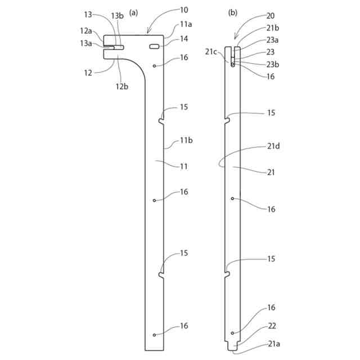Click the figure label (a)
click(x=133, y=12)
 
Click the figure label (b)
click(x=233, y=12)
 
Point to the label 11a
click(x=185, y=25)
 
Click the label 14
click(x=184, y=39)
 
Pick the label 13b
click(x=117, y=16)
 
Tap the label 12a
click(x=85, y=31)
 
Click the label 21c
click(x=211, y=51)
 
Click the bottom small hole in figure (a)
click(x=154, y=335)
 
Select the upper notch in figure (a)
click(x=162, y=120)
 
